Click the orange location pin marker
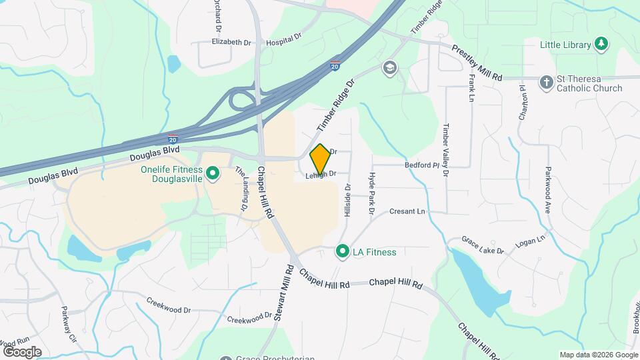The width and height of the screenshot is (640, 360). coord(320,160)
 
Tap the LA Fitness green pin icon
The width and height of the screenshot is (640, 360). coord(343,252)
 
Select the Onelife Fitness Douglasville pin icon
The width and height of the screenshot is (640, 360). coord(213,175)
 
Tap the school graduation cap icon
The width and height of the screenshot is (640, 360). coord(389,67)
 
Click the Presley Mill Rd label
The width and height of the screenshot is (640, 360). coord(477,63)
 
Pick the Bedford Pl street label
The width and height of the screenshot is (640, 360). coord(420,164)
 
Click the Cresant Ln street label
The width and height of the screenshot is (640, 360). coord(408,211)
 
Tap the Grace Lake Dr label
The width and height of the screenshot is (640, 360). coord(485,246)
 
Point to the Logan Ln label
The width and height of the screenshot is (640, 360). coord(531,238)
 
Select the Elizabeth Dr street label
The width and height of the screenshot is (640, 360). coord(231,42)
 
